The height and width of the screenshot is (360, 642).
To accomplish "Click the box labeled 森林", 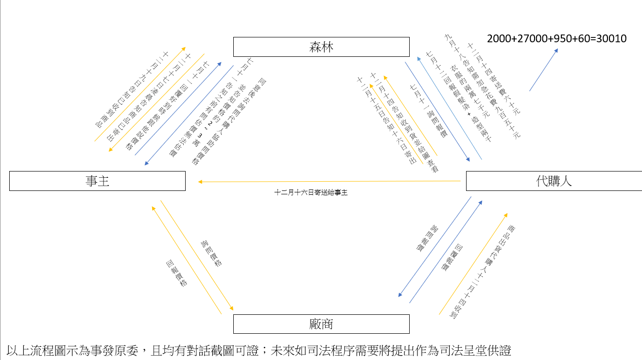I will click(x=321, y=47).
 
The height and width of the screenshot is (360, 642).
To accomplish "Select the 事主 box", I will click(x=97, y=181).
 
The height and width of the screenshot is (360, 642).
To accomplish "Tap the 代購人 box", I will click(x=554, y=181).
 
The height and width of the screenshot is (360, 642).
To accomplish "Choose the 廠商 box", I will click(x=321, y=324).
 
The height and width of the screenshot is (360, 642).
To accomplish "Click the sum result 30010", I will click(x=611, y=38).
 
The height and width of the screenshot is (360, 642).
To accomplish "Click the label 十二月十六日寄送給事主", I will click(x=311, y=192).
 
